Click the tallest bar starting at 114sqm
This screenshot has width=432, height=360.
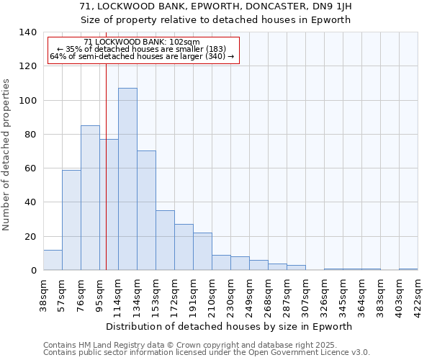tap(127, 179)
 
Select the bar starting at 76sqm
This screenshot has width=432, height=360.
tap(90, 198)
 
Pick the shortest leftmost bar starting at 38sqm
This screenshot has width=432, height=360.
tap(53, 260)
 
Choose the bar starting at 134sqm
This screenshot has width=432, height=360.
tap(146, 210)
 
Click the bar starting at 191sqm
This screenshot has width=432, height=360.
tap(202, 251)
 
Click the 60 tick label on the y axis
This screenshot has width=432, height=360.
tap(30, 168)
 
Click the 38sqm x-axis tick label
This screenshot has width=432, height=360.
tap(44, 292)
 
